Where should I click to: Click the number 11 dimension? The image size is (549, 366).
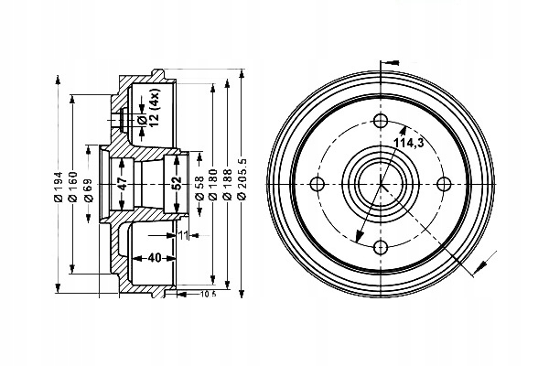(184, 236)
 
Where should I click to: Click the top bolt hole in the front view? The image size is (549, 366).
(380, 121)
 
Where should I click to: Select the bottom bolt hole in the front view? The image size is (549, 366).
(380, 244)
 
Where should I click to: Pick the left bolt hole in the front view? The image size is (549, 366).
(318, 182)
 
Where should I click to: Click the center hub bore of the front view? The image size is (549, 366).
(380, 182)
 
